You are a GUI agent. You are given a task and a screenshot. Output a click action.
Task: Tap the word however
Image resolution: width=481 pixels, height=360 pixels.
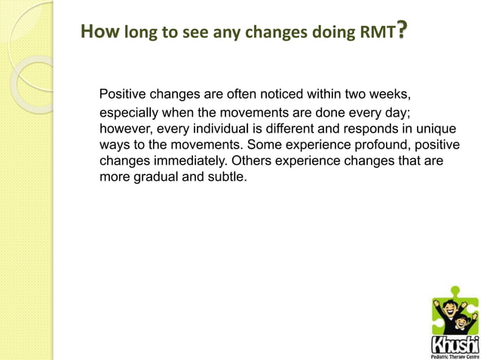[x=125, y=129]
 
